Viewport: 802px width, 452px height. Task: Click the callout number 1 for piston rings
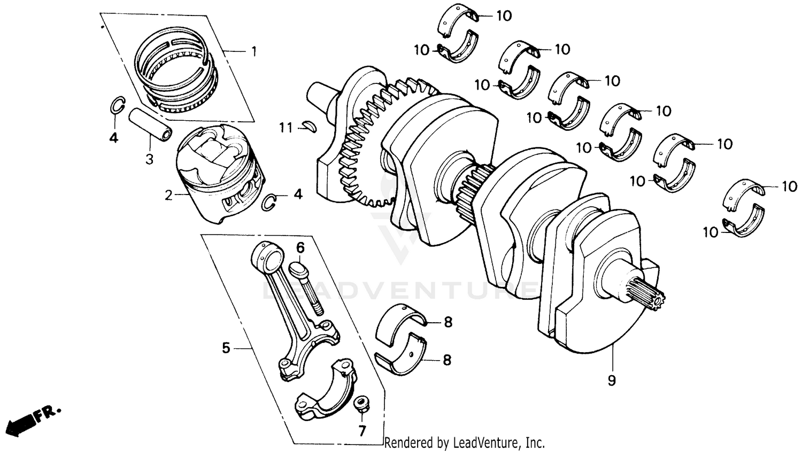coord(254,52)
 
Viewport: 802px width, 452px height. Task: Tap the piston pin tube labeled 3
coord(150,124)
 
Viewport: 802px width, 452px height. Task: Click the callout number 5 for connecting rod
coord(226,348)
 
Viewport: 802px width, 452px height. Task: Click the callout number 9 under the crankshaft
coord(612,380)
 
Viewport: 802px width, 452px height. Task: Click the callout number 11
coord(286,128)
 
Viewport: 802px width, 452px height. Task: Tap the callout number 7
coord(362,431)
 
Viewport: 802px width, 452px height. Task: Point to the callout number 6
coord(300,247)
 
